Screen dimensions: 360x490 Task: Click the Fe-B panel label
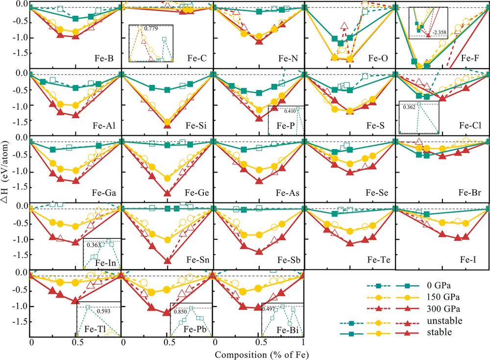click(104, 58)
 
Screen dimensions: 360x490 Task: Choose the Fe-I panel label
click(469, 259)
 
